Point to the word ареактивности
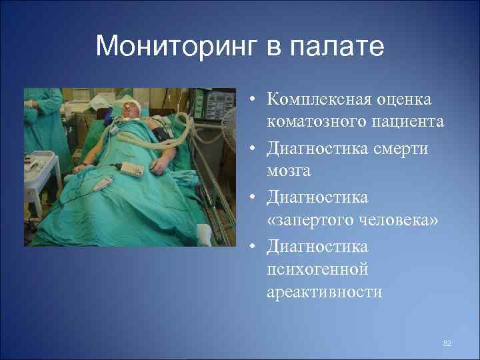[x=325, y=292]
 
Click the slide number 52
[x=447, y=343]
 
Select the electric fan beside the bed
[x=229, y=127]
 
